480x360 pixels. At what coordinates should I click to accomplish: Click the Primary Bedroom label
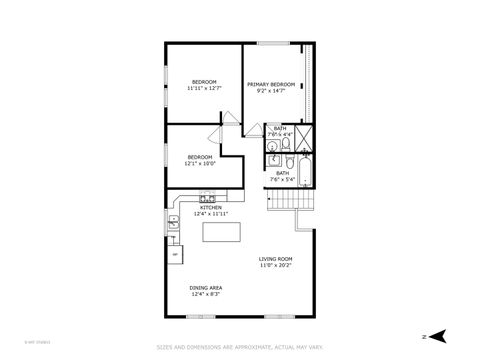271,84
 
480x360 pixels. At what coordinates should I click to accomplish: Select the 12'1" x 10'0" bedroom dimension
200,163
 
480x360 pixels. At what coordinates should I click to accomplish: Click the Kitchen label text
210,207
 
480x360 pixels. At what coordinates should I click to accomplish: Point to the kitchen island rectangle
222,233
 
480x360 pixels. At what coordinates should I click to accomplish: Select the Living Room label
275,259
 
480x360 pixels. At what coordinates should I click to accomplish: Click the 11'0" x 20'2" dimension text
275,265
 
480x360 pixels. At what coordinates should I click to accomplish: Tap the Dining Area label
206,288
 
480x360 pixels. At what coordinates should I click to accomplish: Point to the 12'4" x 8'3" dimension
206,294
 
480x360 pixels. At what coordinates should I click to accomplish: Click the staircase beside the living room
291,201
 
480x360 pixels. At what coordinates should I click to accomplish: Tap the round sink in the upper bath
272,147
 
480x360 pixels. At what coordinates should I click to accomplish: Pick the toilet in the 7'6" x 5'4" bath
286,161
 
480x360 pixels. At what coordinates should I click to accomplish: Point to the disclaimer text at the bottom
240,347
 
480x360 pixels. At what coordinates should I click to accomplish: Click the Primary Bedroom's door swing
254,130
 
